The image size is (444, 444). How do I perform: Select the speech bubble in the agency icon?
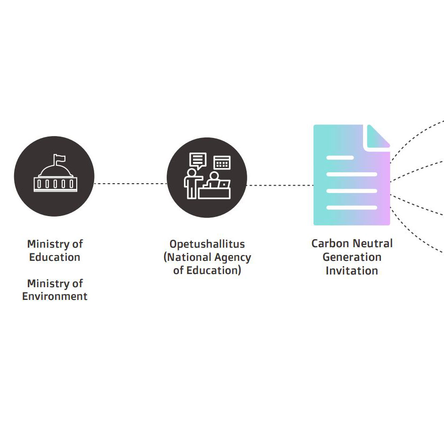[x=198, y=160]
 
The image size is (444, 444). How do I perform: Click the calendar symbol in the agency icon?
[x=222, y=163]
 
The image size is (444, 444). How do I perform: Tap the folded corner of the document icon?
[x=378, y=137]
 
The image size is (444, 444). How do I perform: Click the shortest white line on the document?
[x=340, y=157]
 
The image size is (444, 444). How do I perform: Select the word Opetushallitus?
[x=207, y=244]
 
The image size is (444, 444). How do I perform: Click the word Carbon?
[x=329, y=244]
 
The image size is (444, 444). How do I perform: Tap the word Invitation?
[x=352, y=271]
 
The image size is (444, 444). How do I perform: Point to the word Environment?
[x=55, y=297]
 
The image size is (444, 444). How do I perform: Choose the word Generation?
[x=352, y=258]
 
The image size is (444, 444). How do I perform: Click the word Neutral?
[x=371, y=244]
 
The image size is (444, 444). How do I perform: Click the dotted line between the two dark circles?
[x=130, y=183]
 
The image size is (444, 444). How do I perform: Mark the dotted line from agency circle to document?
[x=280, y=185]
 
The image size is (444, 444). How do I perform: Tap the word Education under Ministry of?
[x=55, y=258]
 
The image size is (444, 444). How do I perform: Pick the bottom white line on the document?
[x=352, y=207]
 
